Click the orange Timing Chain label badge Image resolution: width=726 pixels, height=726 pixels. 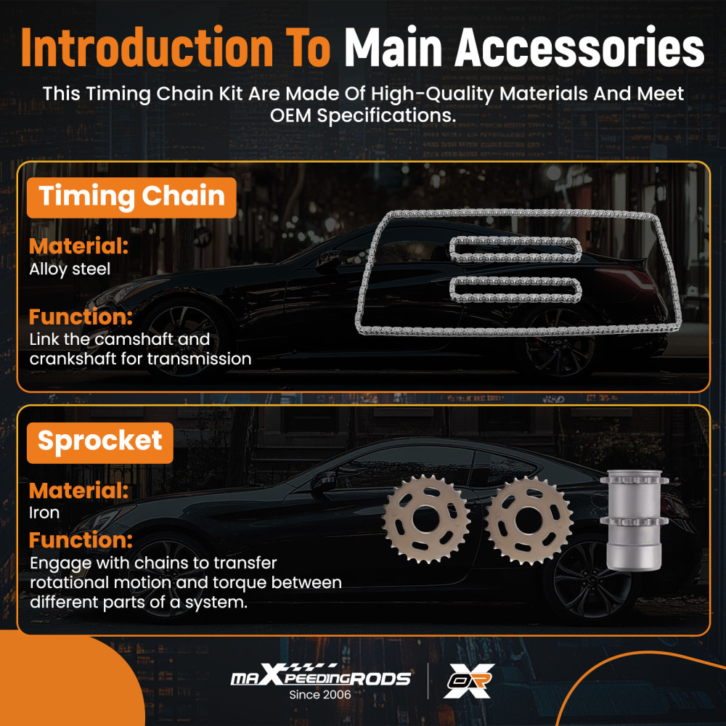(131, 197)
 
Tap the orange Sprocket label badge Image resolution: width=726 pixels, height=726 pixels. (100, 443)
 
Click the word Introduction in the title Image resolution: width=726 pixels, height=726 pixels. (147, 48)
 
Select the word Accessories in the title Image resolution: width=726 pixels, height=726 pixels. (579, 48)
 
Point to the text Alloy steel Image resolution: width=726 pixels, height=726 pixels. (70, 269)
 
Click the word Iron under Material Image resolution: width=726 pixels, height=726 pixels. (44, 513)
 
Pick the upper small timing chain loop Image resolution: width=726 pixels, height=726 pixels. (515, 250)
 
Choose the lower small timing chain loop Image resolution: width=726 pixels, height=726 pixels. (515, 290)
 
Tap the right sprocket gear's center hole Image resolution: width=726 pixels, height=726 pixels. (529, 520)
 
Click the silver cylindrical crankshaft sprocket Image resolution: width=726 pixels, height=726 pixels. (635, 520)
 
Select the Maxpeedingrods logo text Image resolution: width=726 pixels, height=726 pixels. (321, 675)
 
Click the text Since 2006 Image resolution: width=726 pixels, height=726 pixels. (320, 695)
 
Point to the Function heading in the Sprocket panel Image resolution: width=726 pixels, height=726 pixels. (81, 540)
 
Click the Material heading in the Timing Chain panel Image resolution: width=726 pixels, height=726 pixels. (78, 246)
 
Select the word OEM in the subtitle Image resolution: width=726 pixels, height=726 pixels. (290, 115)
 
